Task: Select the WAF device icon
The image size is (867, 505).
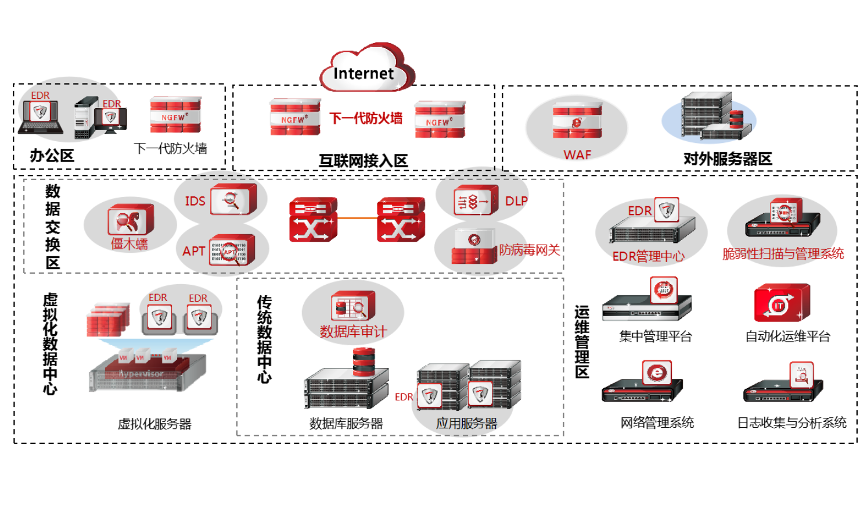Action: click(577, 120)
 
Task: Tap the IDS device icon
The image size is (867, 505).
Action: click(233, 199)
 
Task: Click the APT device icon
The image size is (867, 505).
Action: click(232, 250)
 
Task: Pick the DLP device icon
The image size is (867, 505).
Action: click(476, 200)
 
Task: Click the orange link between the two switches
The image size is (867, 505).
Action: click(357, 219)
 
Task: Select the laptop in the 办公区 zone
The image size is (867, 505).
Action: click(41, 116)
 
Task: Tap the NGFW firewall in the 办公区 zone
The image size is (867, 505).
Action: click(175, 115)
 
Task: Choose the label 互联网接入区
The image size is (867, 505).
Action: click(363, 161)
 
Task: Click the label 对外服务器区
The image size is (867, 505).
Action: click(727, 159)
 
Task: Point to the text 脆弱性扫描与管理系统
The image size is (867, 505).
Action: click(783, 254)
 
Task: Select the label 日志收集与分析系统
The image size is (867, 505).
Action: click(792, 423)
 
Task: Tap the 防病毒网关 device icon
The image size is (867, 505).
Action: click(474, 248)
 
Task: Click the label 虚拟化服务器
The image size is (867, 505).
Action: click(154, 424)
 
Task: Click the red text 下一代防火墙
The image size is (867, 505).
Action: click(366, 119)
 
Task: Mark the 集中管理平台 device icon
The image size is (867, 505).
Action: click(648, 302)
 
